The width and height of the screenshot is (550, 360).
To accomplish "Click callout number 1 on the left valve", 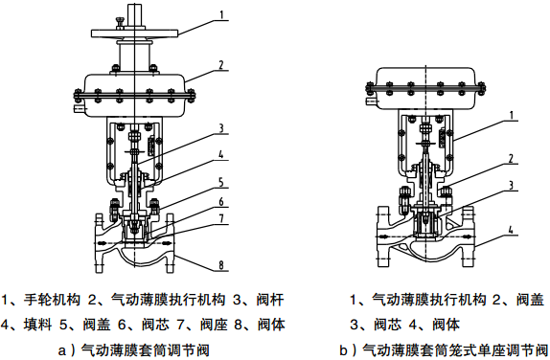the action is [221, 15].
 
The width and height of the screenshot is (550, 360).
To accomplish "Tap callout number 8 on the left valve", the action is [221, 264].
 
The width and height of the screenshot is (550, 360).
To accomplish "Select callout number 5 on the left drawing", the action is [221, 182].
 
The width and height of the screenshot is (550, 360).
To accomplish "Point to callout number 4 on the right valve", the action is [511, 230].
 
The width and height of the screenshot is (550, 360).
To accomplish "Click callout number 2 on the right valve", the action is [511, 158].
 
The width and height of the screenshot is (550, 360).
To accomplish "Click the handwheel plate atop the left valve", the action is [135, 34].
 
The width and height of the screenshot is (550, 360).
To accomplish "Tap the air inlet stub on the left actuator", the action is [80, 109].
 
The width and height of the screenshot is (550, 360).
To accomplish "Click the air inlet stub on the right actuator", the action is [371, 101].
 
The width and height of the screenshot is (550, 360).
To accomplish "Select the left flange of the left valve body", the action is [100, 242].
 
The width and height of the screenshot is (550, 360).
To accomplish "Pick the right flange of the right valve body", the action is [469, 236].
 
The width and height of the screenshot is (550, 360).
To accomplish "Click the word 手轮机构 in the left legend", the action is [52, 300].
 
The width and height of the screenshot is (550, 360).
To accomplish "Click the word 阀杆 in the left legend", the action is [270, 300].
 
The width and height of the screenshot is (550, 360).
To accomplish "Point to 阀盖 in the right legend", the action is [530, 300].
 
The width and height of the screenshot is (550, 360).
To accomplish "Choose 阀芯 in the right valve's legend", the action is [387, 325].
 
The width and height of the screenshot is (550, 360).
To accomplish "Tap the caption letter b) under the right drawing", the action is [348, 350].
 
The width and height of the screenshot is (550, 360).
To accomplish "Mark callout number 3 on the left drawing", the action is [221, 128].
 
